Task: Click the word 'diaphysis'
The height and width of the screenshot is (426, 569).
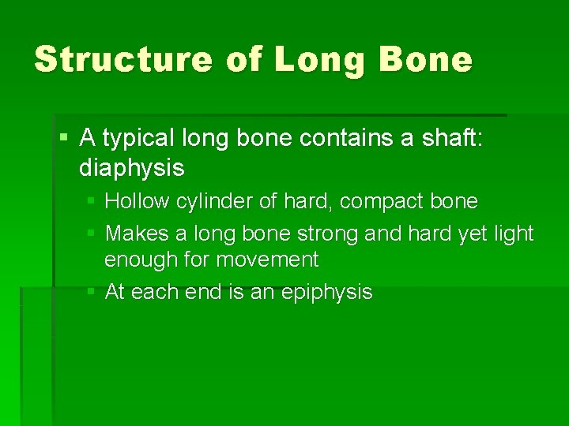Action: (132, 167)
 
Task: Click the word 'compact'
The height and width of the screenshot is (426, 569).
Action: (383, 202)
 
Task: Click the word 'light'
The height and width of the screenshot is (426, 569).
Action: (514, 234)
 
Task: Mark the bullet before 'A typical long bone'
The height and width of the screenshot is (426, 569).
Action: (64, 140)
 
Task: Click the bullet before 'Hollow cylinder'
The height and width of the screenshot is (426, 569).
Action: (91, 202)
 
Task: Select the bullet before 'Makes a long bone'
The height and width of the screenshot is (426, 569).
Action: (91, 234)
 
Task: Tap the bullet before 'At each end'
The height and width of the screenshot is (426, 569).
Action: (91, 292)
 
